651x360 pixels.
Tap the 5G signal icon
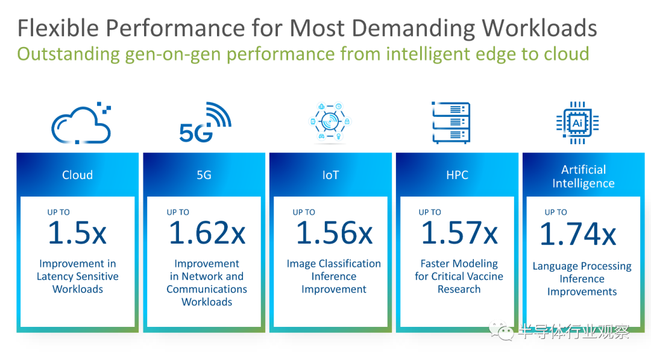pyautogui.click(x=205, y=122)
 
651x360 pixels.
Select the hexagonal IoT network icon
pyautogui.click(x=330, y=122)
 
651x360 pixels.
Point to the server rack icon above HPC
pyautogui.click(x=451, y=122)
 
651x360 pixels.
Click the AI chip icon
pyautogui.click(x=577, y=123)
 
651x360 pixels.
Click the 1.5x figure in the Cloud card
pyautogui.click(x=77, y=233)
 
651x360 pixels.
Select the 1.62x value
pyautogui.click(x=207, y=233)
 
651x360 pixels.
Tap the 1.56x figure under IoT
pyautogui.click(x=334, y=233)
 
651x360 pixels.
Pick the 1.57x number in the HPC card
pyautogui.click(x=459, y=233)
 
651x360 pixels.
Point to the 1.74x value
pyautogui.click(x=577, y=234)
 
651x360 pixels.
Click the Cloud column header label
pyautogui.click(x=77, y=175)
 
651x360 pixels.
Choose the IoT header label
pyautogui.click(x=330, y=175)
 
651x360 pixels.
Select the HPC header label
pyautogui.click(x=457, y=175)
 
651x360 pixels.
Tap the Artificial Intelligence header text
pyautogui.click(x=583, y=177)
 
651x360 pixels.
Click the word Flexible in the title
pyautogui.click(x=58, y=28)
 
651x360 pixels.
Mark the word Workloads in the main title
pyautogui.click(x=539, y=28)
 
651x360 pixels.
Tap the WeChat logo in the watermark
pyautogui.click(x=501, y=331)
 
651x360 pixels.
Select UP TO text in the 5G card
pyautogui.click(x=178, y=212)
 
